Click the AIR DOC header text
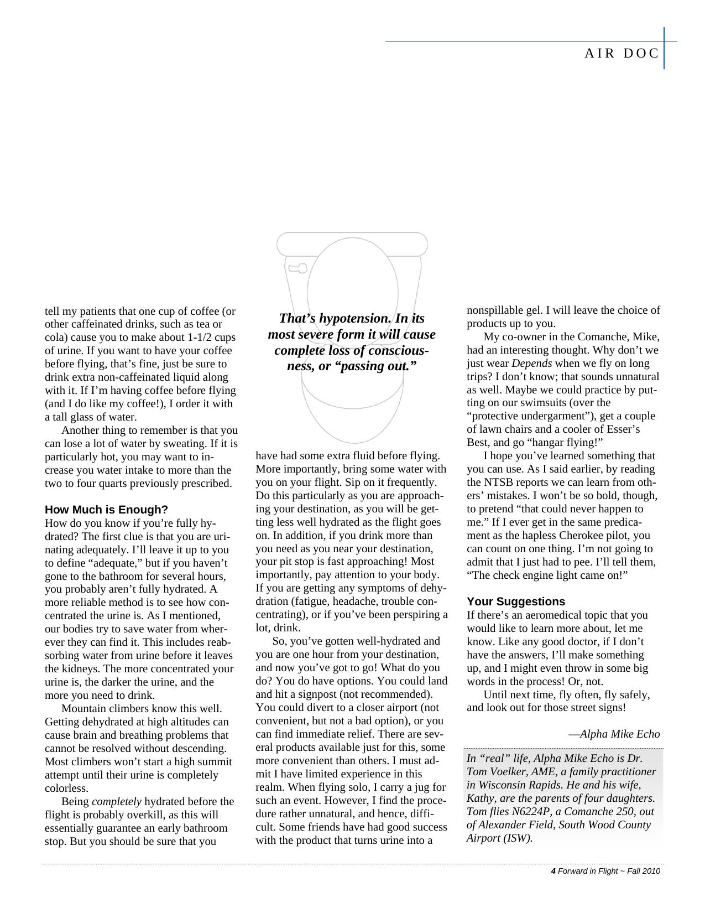(622, 53)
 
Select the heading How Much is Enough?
(106, 510)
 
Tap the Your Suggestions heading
(515, 601)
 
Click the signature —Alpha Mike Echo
(614, 734)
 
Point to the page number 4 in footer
(553, 871)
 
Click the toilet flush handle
(298, 268)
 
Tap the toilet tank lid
(352, 244)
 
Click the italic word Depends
(531, 364)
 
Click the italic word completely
(116, 802)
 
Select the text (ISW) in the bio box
(518, 838)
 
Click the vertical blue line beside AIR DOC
(664, 48)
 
